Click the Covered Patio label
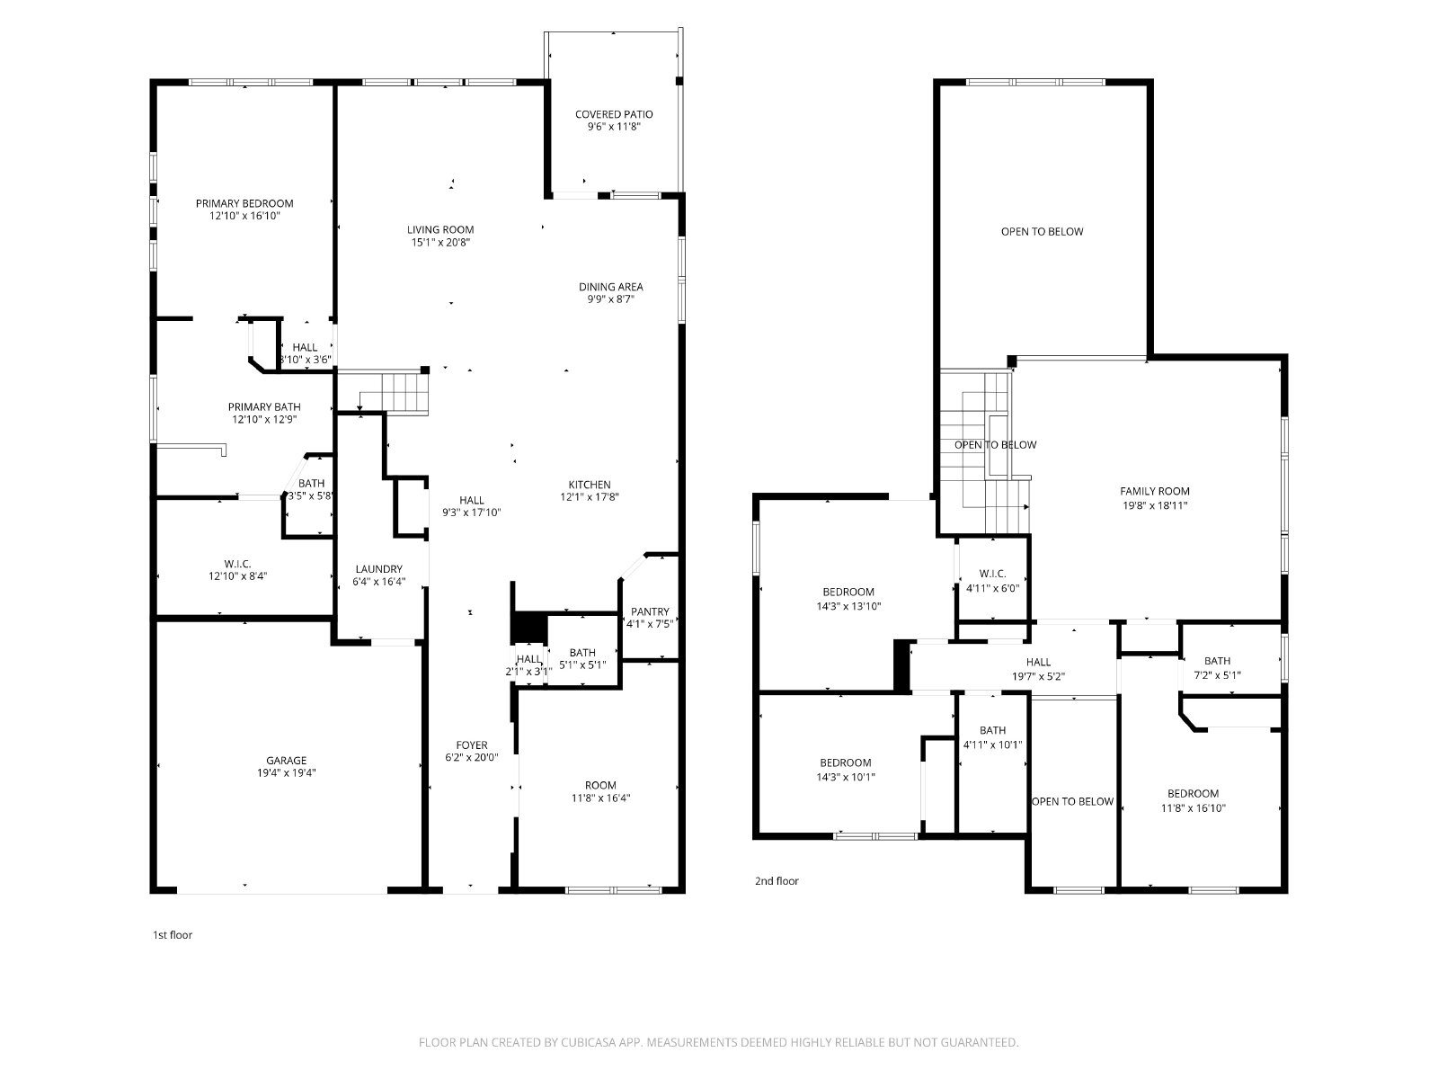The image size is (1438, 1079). coord(614,114)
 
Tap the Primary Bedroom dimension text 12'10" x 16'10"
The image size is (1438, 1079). coord(245,216)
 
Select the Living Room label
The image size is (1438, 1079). coord(440,229)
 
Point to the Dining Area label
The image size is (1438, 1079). coord(610,286)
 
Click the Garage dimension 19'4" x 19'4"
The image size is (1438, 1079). coord(287,772)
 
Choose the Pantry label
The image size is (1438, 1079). coord(650,611)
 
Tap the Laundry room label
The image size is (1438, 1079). coord(378,568)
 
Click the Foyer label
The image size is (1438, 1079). coord(472,745)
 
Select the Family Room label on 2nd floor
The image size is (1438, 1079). coord(1154,491)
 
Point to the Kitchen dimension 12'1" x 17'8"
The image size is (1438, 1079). coord(590,496)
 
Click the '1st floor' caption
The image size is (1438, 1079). coord(173,935)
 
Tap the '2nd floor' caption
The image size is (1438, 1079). coord(777,880)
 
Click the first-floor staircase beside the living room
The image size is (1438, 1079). coord(393,392)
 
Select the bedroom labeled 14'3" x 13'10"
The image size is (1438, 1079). coord(848,599)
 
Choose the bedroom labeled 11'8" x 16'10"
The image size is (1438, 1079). coord(1193,800)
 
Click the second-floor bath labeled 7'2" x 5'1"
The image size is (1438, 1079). coord(1217,667)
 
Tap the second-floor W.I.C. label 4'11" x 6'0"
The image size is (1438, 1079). coord(992,581)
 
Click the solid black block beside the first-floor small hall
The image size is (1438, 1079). coord(528,629)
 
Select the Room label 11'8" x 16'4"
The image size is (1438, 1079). coord(600,791)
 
